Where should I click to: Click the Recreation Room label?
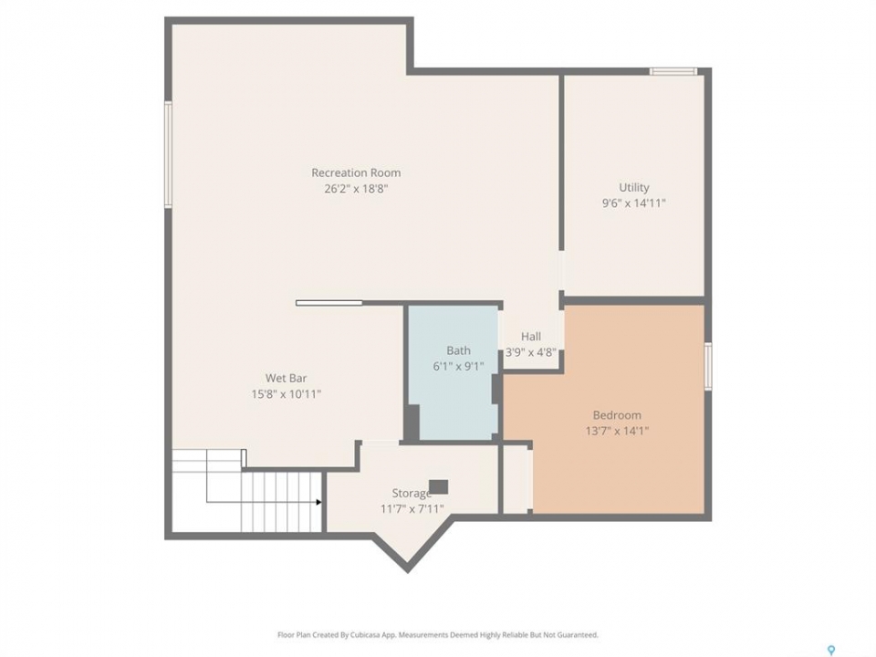(x=356, y=172)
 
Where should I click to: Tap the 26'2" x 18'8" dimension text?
(x=356, y=188)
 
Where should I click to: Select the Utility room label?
(x=634, y=188)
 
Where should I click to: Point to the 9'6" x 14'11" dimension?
(x=634, y=203)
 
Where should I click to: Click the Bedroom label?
(x=617, y=415)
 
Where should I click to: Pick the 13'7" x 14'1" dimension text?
(x=617, y=431)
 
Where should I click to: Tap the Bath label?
(x=458, y=350)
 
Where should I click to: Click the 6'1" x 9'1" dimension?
(x=458, y=366)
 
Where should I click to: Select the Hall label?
(x=531, y=337)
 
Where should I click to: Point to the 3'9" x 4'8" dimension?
(x=531, y=352)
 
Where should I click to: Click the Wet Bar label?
(x=286, y=378)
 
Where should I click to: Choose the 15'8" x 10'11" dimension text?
(x=286, y=394)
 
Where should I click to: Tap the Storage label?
(x=412, y=494)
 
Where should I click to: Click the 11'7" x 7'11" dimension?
(x=412, y=508)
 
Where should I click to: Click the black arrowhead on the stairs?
(x=319, y=502)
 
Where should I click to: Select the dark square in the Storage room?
(x=439, y=486)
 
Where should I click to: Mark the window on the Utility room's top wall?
(x=673, y=71)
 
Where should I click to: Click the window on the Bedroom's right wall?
(x=708, y=366)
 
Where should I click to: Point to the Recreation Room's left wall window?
(x=168, y=155)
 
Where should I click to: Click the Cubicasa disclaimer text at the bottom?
(x=438, y=635)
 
